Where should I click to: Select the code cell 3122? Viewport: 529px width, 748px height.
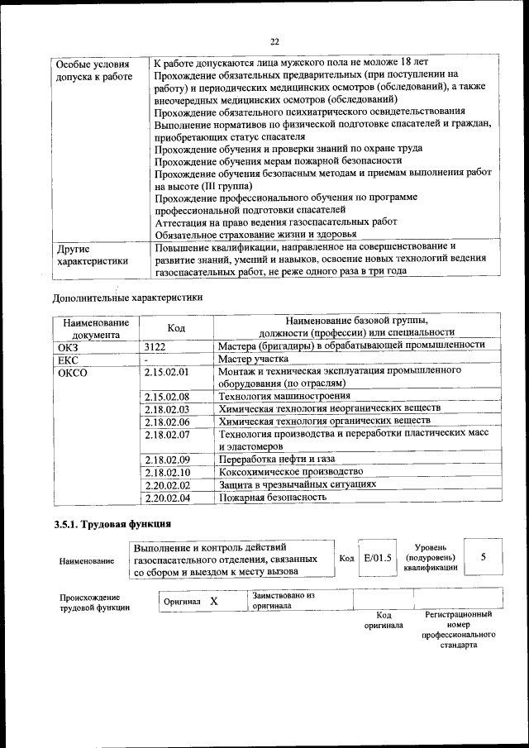click(155, 347)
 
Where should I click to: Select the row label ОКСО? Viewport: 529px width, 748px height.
click(73, 373)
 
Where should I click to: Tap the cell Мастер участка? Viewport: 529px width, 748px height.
click(253, 360)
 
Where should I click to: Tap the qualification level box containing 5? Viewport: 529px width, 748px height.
click(483, 557)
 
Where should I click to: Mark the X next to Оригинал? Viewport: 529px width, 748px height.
click(213, 601)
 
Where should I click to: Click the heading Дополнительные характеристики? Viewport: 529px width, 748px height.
click(127, 297)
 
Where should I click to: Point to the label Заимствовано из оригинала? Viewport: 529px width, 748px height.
click(284, 599)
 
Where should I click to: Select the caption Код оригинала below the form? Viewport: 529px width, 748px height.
click(384, 620)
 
